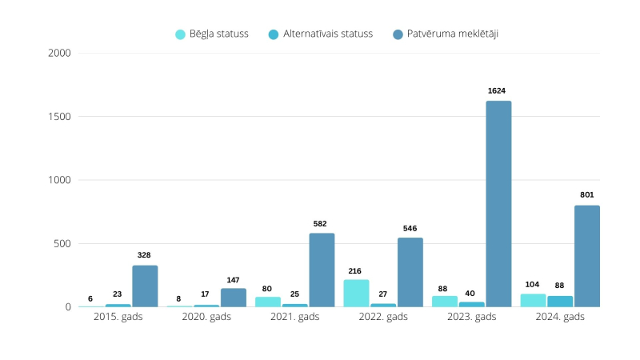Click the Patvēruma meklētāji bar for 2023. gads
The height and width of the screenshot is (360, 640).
click(x=498, y=204)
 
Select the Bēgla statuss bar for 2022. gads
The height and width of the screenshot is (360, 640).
click(x=357, y=293)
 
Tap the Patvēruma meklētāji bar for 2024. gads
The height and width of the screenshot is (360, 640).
click(x=586, y=256)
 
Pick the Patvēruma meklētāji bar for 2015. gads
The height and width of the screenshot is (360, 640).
click(x=145, y=286)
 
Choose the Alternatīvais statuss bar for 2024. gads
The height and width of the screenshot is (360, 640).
click(x=560, y=302)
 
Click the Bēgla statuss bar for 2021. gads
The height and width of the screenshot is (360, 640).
click(x=268, y=302)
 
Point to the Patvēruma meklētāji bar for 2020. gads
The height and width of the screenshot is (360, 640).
click(x=234, y=298)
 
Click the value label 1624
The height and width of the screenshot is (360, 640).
click(x=498, y=91)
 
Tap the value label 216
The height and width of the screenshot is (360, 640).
click(x=356, y=270)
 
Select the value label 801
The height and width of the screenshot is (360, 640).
click(x=587, y=195)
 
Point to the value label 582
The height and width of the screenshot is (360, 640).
click(x=322, y=223)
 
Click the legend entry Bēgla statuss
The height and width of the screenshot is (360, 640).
click(x=212, y=34)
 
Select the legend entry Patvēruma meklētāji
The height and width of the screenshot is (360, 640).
click(x=450, y=34)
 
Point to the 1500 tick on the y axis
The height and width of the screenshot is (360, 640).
click(x=60, y=117)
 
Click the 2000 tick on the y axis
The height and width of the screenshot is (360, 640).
click(x=60, y=54)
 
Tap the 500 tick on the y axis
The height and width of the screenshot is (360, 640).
click(x=62, y=243)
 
